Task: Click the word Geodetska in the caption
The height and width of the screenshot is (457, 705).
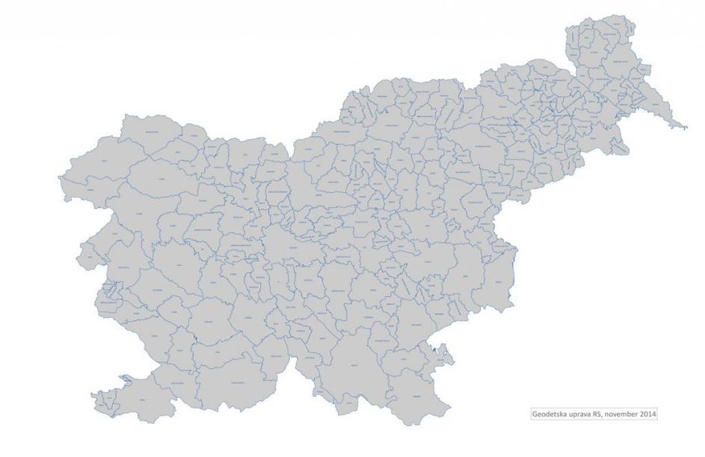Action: click(x=549, y=414)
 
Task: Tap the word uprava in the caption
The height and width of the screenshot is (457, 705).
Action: click(x=581, y=414)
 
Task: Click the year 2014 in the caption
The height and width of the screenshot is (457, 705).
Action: click(x=649, y=414)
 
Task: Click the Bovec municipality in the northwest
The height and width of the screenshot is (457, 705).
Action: click(x=105, y=161)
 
